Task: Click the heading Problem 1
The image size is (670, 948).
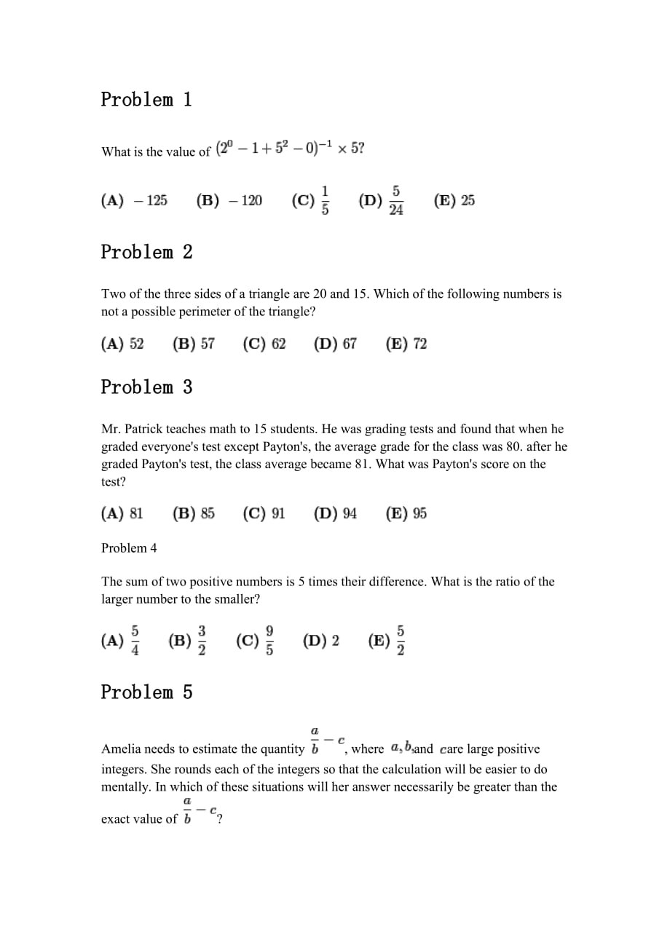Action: pyautogui.click(x=146, y=100)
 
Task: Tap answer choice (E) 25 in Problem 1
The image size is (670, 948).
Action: pyautogui.click(x=454, y=200)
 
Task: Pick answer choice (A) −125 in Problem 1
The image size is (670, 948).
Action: pyautogui.click(x=134, y=200)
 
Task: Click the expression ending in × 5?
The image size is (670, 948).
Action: pyautogui.click(x=291, y=149)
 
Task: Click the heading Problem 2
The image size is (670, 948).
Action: pyautogui.click(x=146, y=253)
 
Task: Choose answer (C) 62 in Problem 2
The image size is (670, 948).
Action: pyautogui.click(x=264, y=344)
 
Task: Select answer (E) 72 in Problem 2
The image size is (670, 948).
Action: pyautogui.click(x=406, y=344)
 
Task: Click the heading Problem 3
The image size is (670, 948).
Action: pyautogui.click(x=146, y=387)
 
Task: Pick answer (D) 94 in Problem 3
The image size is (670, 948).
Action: pyautogui.click(x=336, y=513)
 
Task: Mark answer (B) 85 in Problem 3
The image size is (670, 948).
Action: pyautogui.click(x=194, y=513)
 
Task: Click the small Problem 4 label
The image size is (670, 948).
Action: pyautogui.click(x=129, y=548)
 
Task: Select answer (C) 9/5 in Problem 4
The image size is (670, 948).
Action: pyautogui.click(x=256, y=641)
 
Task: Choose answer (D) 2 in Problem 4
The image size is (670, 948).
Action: pyautogui.click(x=321, y=641)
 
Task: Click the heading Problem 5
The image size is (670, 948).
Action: pyautogui.click(x=146, y=692)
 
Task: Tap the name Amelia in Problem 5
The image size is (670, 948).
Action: pyautogui.click(x=122, y=749)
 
